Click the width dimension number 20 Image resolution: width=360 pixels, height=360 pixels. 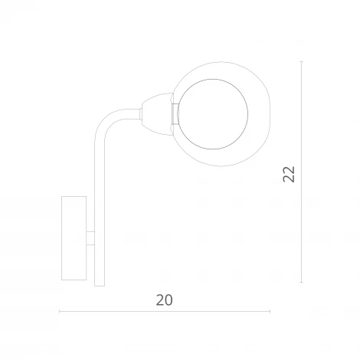(x=163, y=300)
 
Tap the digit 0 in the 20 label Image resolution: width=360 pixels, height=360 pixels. (x=169, y=300)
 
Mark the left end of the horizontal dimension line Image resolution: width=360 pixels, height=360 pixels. (x=60, y=311)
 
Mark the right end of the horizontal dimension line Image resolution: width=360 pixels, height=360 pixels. (x=270, y=311)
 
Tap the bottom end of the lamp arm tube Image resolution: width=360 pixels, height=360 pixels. (x=98, y=283)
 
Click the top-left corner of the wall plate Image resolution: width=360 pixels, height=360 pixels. (x=61, y=196)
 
